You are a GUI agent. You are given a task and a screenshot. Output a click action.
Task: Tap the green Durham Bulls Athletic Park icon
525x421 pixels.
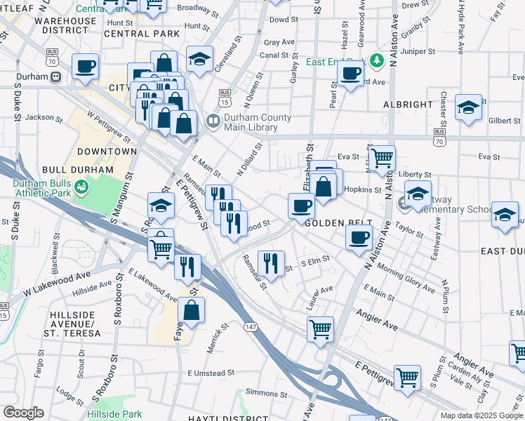tap(82, 186)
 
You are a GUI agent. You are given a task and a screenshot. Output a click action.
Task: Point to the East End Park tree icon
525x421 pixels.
tap(377, 62)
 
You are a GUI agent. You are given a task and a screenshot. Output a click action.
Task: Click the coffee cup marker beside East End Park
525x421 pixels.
tap(350, 72)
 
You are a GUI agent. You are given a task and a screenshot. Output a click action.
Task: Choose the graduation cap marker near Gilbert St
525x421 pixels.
tap(468, 108)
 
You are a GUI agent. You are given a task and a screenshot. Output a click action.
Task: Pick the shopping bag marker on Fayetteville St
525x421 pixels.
tap(191, 309)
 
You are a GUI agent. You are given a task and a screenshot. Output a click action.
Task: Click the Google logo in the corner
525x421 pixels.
tap(23, 413)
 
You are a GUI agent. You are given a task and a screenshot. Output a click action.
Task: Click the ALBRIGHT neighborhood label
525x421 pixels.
tap(408, 105)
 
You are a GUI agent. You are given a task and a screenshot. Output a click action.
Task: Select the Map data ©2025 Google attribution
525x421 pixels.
tap(481, 415)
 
